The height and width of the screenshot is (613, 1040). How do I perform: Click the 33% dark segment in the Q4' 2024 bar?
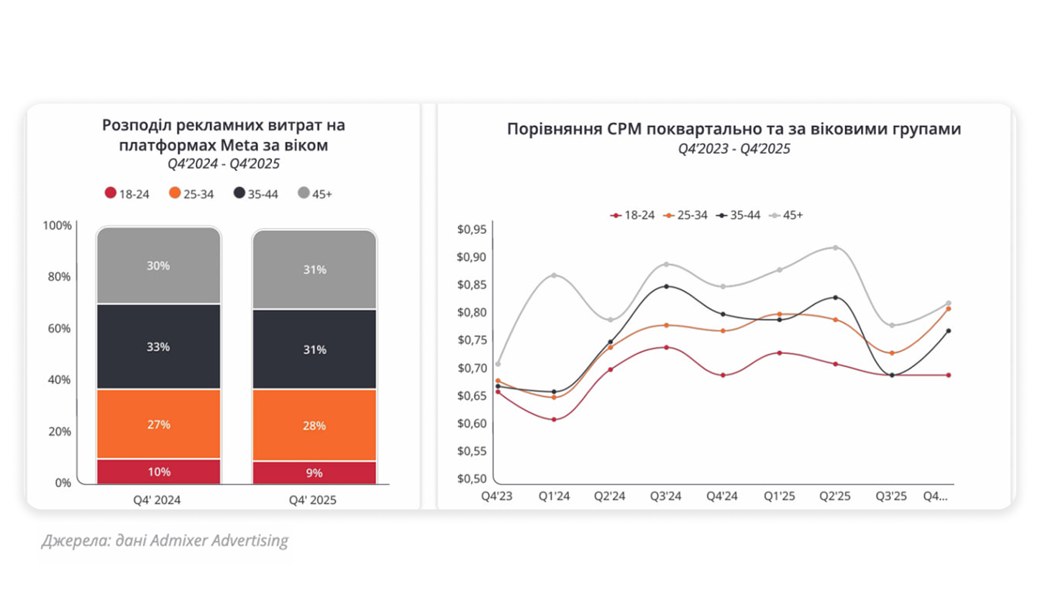[158, 347]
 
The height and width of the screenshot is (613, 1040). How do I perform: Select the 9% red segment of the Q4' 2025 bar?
[314, 473]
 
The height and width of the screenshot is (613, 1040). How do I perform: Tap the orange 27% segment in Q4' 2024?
[158, 424]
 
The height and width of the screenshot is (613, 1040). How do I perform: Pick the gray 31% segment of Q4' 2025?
[314, 270]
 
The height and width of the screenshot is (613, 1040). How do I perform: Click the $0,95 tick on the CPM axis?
[472, 230]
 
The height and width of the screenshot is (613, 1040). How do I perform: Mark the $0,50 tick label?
[472, 478]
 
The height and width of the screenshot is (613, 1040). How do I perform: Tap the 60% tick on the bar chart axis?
[60, 328]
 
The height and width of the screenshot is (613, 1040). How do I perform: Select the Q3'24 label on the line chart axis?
[666, 496]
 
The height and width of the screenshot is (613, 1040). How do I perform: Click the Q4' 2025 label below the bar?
[312, 500]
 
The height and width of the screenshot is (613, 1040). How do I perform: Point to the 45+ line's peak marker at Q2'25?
[836, 248]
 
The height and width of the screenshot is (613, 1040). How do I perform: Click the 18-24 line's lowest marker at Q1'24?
[554, 419]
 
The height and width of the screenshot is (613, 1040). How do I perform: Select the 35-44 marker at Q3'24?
[666, 286]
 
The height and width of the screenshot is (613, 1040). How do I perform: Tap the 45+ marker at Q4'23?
[498, 364]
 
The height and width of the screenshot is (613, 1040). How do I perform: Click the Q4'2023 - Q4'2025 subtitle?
[734, 149]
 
